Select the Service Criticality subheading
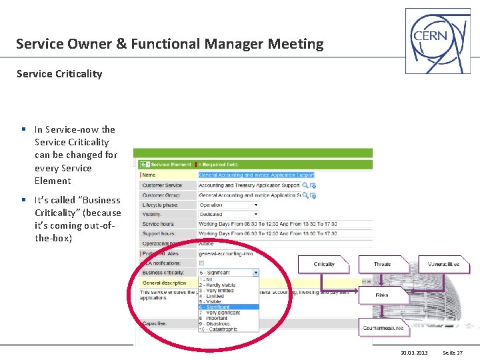[x=59, y=74]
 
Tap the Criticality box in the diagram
[x=324, y=265]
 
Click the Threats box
[x=382, y=265]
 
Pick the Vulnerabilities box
[x=443, y=265]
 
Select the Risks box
[x=382, y=294]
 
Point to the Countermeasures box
[x=383, y=328]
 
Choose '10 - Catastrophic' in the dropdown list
[x=217, y=329]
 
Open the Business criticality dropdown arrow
[x=255, y=273]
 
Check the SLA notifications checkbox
[x=202, y=263]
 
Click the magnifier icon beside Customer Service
[x=305, y=185]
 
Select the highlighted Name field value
[x=256, y=175]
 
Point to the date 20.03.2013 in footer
[x=414, y=353]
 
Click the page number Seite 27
[x=453, y=353]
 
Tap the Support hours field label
[x=159, y=234]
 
